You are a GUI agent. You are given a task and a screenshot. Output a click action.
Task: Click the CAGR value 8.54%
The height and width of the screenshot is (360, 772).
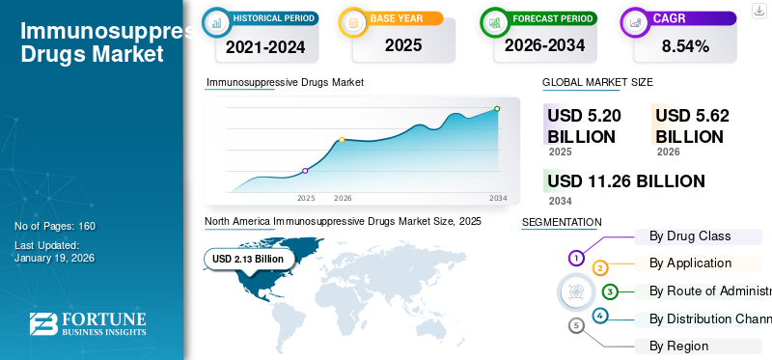point(684,45)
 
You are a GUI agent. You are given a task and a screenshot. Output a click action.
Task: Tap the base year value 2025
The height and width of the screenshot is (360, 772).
point(403,44)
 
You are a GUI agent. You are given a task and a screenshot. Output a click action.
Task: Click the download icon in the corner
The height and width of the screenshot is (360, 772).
point(759,10)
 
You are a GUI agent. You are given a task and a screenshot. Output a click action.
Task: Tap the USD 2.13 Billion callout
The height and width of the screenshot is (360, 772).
point(248,259)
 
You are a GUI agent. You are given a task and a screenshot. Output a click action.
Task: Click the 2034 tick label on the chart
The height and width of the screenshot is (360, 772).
point(498,198)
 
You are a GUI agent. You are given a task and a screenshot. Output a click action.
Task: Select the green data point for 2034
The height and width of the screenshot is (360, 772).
point(497,109)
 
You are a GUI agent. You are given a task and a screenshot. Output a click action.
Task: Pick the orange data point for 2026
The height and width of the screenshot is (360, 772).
point(342,140)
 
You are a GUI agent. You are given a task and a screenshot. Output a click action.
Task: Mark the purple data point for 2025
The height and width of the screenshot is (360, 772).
point(305,171)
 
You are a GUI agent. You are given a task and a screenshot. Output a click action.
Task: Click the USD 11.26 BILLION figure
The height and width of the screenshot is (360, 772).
point(625,181)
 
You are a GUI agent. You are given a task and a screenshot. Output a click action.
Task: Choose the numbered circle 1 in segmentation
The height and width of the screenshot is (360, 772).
point(576,258)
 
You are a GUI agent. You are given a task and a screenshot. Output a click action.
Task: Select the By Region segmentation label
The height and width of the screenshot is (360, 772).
point(678,346)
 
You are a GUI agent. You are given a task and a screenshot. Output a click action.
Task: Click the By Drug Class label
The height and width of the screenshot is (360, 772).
point(689,235)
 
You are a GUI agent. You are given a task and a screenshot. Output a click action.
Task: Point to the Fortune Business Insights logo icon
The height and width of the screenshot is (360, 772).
point(41,324)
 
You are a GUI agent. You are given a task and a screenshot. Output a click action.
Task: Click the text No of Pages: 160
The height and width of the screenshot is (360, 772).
point(55,226)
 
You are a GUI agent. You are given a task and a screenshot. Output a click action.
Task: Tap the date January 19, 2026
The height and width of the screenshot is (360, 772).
point(54,258)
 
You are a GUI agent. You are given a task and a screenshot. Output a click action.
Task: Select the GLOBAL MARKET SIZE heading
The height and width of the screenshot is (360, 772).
point(597,83)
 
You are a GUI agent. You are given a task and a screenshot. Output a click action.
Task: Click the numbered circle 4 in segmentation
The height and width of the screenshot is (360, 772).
point(599,316)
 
